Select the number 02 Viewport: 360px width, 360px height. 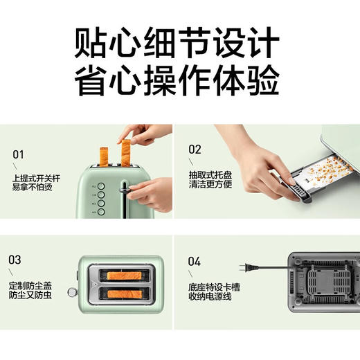click(195, 149)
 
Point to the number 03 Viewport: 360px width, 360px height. click(15, 260)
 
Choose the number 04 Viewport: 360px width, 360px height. click(195, 262)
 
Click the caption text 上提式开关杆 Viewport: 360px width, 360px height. click(36, 178)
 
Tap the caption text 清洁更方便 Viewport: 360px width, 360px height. click(212, 186)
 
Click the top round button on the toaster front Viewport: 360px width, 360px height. click(100, 186)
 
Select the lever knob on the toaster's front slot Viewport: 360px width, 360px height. click(125, 187)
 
